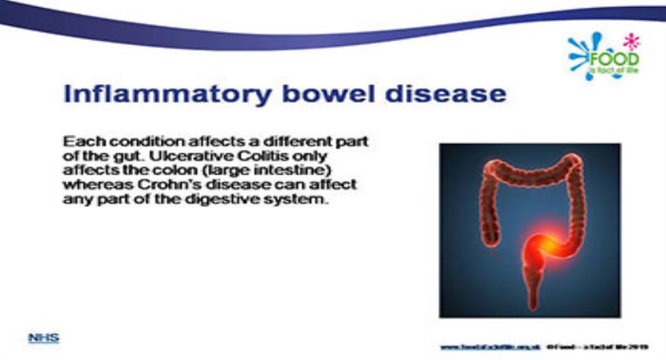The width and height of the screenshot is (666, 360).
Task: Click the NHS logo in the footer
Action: pyautogui.click(x=44, y=337)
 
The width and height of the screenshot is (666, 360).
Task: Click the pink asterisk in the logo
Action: pyautogui.click(x=632, y=40)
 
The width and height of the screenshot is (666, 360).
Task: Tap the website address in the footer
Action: pyautogui.click(x=491, y=346)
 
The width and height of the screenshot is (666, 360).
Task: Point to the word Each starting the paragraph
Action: pyautogui.click(x=80, y=141)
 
